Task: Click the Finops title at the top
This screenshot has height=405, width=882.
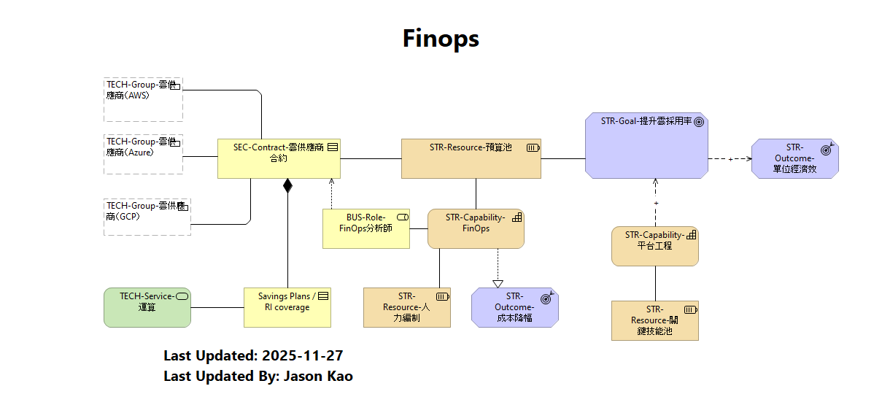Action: (x=441, y=38)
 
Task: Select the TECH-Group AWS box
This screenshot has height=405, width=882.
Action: (x=143, y=99)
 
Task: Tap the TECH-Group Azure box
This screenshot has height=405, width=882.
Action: (x=143, y=153)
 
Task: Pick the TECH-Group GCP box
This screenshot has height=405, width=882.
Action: (x=147, y=216)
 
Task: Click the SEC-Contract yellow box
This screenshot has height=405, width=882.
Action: (x=280, y=158)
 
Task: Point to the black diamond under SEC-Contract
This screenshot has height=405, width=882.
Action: (x=287, y=185)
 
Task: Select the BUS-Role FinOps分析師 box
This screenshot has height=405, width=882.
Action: (x=365, y=228)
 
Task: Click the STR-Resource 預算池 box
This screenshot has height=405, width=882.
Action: (x=471, y=158)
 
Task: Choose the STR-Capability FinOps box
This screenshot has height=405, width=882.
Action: (x=476, y=228)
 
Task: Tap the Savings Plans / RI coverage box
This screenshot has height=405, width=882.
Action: (x=287, y=307)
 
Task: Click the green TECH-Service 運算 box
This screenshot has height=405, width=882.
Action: (x=147, y=307)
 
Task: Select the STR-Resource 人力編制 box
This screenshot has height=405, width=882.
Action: (x=407, y=307)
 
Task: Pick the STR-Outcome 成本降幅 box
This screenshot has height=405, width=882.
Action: (x=514, y=307)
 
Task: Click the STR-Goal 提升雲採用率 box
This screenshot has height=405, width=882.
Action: (x=646, y=145)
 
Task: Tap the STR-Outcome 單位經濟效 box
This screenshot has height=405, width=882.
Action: (x=794, y=158)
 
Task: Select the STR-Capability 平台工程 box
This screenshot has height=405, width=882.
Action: (x=654, y=246)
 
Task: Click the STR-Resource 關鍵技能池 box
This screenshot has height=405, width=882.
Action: (x=654, y=320)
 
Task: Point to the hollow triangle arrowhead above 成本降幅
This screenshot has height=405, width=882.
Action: (x=498, y=283)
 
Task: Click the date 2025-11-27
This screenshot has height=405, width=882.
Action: (x=302, y=356)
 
